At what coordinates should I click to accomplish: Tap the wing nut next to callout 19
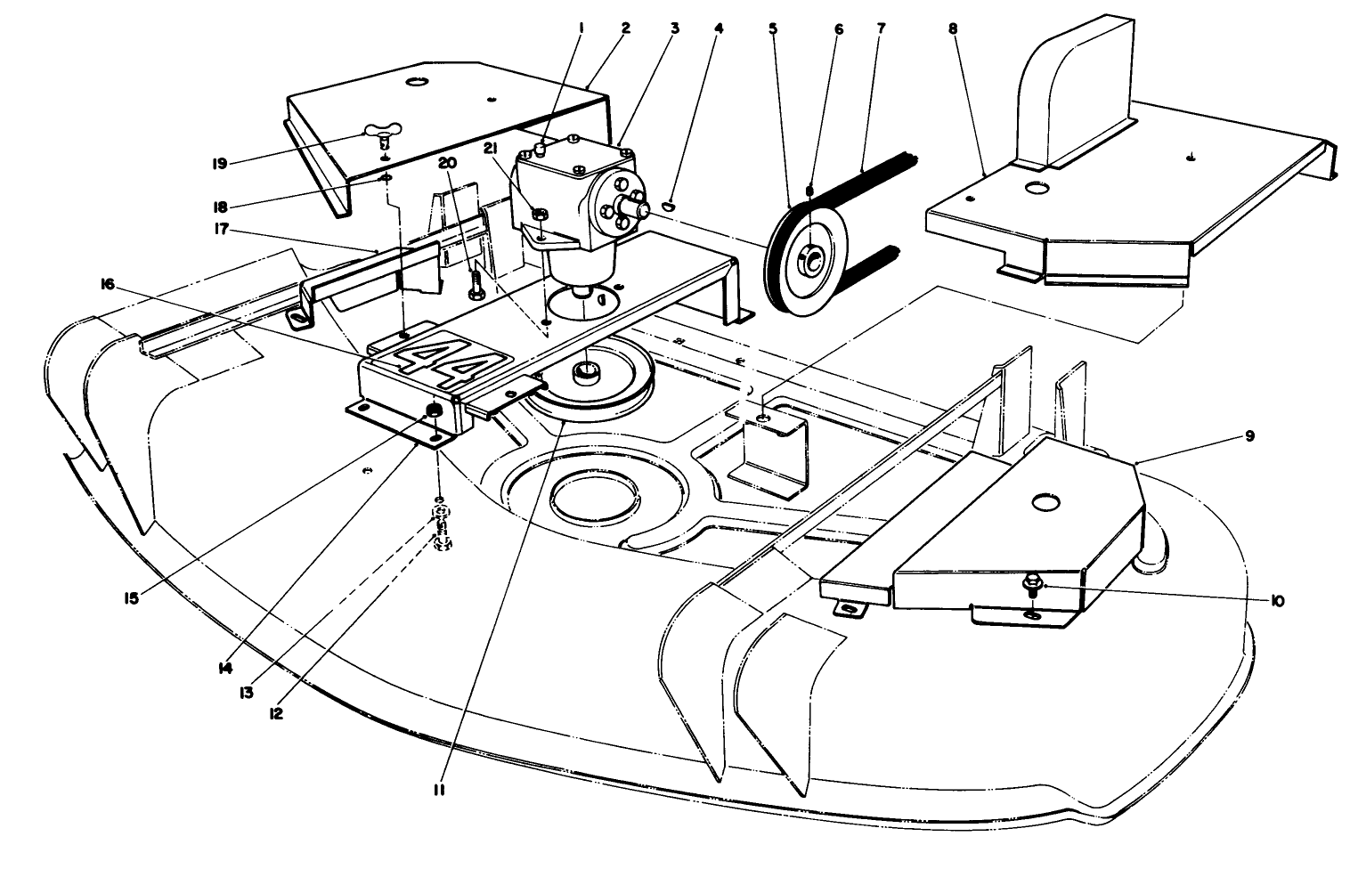[383, 136]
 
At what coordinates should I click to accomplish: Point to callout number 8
[953, 28]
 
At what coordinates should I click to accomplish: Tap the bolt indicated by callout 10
[1030, 585]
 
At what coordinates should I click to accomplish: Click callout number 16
[108, 284]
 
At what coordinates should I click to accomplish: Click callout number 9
[1249, 436]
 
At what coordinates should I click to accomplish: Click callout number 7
[881, 28]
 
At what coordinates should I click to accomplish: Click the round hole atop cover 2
[415, 82]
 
